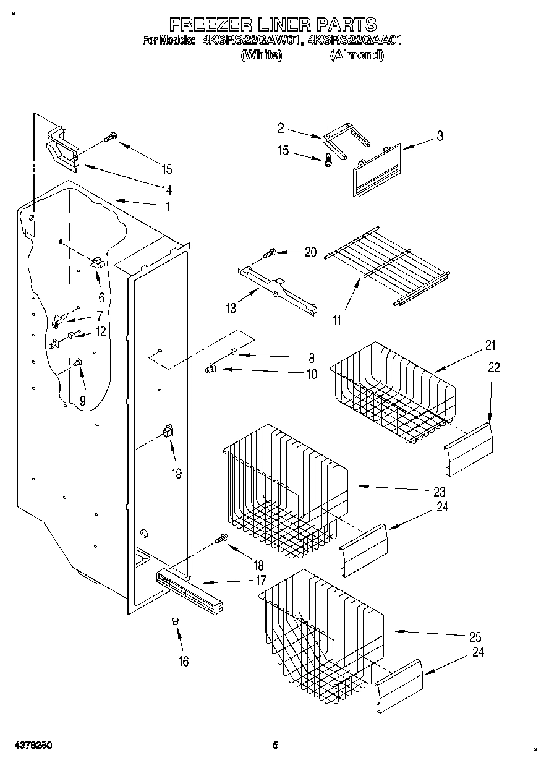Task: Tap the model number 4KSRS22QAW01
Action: click(239, 41)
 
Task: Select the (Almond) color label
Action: click(356, 55)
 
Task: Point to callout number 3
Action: click(440, 137)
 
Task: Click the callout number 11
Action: click(336, 320)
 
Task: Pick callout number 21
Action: click(490, 345)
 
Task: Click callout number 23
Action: click(439, 492)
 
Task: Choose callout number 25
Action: click(475, 637)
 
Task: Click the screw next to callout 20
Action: click(270, 252)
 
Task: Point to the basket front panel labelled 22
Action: click(469, 449)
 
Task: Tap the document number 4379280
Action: click(30, 745)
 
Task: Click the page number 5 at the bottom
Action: click(276, 745)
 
